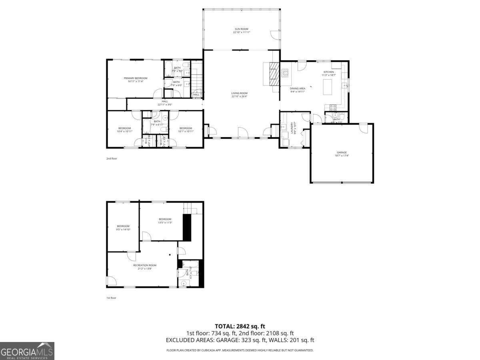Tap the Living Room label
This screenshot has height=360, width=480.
(x=240, y=95)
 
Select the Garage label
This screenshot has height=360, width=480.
(x=342, y=154)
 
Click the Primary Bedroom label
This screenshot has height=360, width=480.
(x=135, y=80)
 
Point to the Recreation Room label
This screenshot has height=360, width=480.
(x=144, y=267)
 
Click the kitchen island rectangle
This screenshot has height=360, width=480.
(x=328, y=87)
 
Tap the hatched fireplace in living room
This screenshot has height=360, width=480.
(x=274, y=74)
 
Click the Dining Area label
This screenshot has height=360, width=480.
(x=298, y=90)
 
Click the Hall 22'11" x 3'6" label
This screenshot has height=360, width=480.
(x=165, y=103)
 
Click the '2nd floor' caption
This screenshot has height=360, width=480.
(x=112, y=158)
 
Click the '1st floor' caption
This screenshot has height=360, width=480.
(x=111, y=298)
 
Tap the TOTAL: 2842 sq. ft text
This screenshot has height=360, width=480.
(x=240, y=326)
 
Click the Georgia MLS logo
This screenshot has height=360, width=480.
(x=27, y=351)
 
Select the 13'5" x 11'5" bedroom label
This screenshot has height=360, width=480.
(x=165, y=220)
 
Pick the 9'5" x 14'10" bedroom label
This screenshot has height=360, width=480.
(x=123, y=228)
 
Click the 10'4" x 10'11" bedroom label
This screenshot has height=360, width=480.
(x=124, y=130)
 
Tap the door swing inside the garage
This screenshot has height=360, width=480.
(x=363, y=129)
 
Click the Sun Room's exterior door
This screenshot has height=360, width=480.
(x=276, y=35)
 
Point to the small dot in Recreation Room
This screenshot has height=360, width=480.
(x=170, y=255)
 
